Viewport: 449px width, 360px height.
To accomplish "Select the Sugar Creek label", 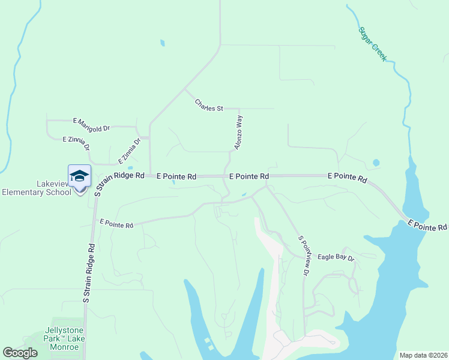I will coord(372,44).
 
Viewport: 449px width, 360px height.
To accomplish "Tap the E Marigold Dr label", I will coord(92,124).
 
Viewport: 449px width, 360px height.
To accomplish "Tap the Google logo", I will coord(20,353).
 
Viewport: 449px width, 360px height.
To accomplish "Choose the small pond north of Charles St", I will coord(162,43).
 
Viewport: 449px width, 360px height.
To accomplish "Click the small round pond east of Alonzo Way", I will coord(376,163).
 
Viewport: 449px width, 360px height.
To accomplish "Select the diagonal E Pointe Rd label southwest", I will coord(116,223).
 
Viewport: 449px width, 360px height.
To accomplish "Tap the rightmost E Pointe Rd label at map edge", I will coord(427,225).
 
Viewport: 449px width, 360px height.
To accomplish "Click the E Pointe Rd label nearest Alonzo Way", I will coord(249,176).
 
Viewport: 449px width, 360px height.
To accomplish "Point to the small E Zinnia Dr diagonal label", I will coord(128,151).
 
